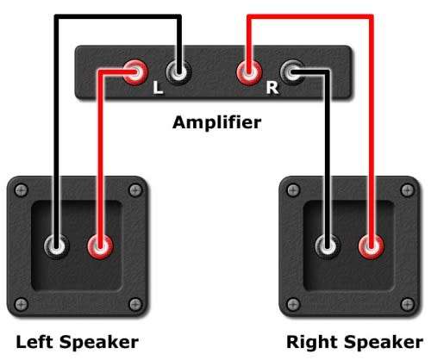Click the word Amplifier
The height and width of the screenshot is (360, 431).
point(217,122)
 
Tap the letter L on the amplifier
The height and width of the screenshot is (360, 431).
point(158,88)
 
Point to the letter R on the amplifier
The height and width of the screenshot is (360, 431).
point(272,88)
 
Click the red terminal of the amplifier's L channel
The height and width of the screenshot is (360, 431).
point(135,72)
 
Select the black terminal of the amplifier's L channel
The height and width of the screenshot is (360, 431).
point(178,72)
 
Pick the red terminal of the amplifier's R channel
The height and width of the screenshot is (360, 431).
point(249,72)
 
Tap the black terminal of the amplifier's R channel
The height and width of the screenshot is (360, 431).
point(292,72)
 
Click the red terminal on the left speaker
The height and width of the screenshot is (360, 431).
point(100,246)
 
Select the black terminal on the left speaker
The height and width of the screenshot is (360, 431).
point(57,246)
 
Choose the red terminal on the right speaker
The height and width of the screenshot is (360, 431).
point(372,246)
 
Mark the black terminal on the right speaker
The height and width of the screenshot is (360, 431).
point(328,246)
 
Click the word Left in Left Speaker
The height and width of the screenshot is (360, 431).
point(34,342)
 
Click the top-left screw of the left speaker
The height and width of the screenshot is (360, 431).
point(22,190)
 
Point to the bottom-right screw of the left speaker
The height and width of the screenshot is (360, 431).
point(135,304)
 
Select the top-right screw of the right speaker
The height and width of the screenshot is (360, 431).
point(407,190)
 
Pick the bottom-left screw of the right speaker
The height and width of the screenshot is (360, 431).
point(293,304)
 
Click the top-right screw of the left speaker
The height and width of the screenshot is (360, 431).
point(135,190)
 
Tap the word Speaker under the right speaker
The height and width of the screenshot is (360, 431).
point(384,344)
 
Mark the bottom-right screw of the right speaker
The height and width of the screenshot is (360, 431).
point(407,304)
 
